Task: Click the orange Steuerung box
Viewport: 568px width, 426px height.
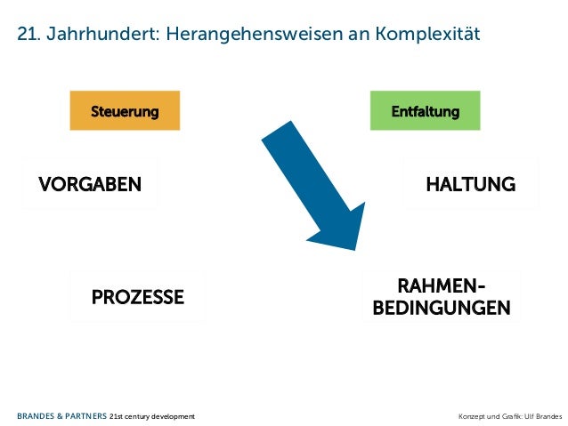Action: point(125,111)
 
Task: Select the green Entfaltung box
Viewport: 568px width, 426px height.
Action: point(426,111)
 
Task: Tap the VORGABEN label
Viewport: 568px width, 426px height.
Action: point(89,184)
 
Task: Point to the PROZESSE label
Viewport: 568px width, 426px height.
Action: point(138,296)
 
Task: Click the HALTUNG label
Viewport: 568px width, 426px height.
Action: point(470,184)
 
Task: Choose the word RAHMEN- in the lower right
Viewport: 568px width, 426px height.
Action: point(442,285)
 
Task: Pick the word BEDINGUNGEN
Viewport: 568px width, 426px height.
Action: point(442,308)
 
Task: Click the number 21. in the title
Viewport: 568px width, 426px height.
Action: point(27,35)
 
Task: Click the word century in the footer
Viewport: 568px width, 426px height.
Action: point(139,415)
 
